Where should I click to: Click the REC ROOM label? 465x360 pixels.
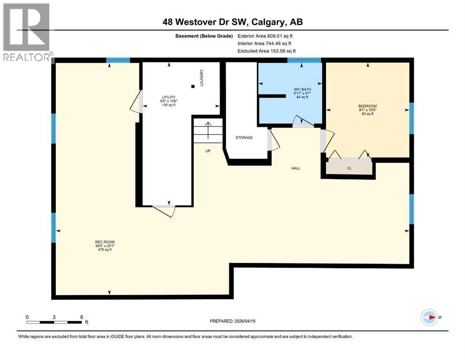point(104,242)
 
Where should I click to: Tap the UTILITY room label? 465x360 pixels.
point(167,97)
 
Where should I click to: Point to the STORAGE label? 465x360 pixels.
point(244,137)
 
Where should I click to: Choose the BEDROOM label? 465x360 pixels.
point(367,106)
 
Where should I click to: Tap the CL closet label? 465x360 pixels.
point(349,167)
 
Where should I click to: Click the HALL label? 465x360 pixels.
point(295,168)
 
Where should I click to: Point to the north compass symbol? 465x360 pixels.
point(429,317)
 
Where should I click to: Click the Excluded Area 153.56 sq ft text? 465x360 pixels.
point(266,51)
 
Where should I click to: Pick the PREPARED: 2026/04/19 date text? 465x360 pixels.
point(232,321)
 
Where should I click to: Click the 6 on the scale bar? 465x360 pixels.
point(81,317)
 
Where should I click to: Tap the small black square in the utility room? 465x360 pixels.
point(192,86)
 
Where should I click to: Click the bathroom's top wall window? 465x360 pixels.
point(304,60)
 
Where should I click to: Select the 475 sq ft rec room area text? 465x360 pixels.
point(104,250)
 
